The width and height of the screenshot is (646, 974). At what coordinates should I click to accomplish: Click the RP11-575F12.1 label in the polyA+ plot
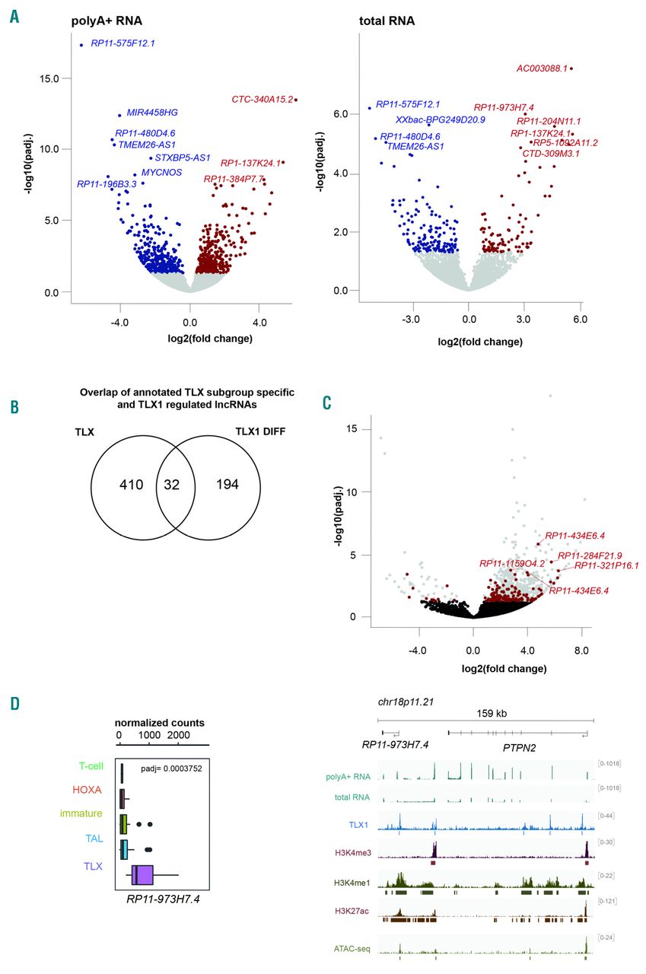tap(123, 43)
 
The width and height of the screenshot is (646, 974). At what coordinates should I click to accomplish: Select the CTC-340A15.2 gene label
tap(262, 99)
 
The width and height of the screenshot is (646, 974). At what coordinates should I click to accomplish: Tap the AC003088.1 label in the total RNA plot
tap(543, 68)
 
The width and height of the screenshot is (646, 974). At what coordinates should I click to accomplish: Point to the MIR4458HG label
tap(152, 113)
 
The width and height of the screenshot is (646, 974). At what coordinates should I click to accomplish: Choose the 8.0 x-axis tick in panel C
tap(582, 651)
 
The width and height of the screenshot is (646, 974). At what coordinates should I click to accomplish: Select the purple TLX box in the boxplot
tap(143, 875)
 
